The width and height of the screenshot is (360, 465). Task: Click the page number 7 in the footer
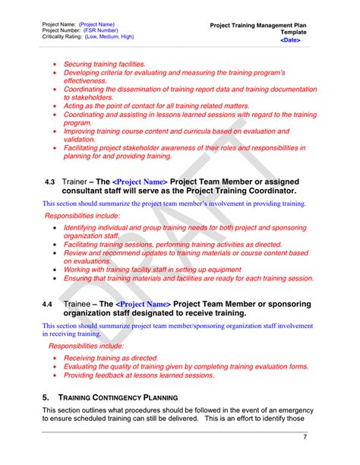[x=305, y=437]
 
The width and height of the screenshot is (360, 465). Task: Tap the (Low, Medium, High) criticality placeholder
[x=109, y=36]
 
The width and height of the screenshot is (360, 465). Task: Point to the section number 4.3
[x=50, y=182]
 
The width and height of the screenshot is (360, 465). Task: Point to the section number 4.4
[x=47, y=305]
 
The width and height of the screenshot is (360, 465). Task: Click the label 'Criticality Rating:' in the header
[x=62, y=36]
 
